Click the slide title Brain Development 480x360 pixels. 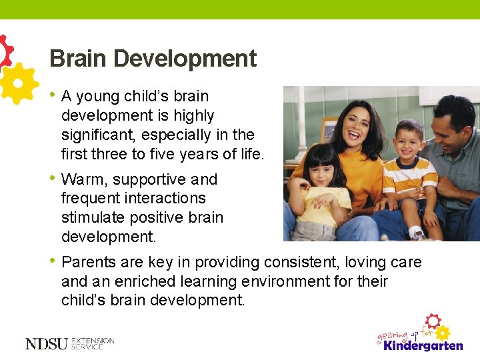tap(153, 59)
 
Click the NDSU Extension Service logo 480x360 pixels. tap(69, 343)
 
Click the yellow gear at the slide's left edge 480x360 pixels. tap(17, 83)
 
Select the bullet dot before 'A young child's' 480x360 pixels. tap(52, 96)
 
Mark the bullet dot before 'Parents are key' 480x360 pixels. tap(52, 262)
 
